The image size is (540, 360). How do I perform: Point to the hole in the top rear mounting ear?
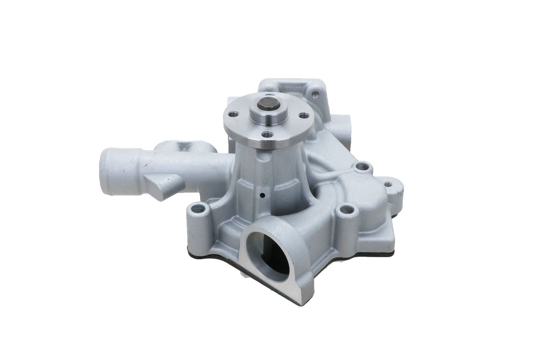coord(317,91)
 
